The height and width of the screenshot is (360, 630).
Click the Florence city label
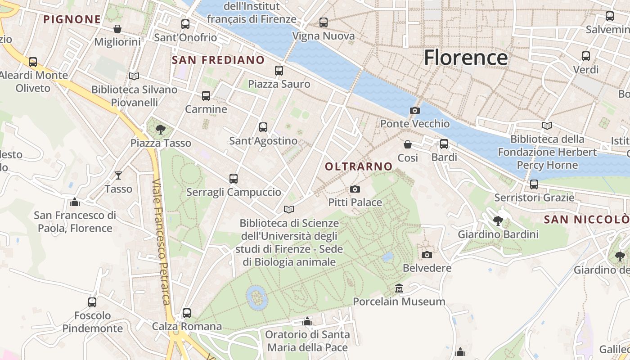(x=466, y=58)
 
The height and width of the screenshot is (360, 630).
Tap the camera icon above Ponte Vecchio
(x=414, y=110)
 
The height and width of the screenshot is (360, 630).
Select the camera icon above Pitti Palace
(x=355, y=189)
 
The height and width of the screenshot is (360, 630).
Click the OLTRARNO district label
(x=359, y=166)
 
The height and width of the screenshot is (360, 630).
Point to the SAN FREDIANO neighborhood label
(x=218, y=60)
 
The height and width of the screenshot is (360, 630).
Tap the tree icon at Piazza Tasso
(x=160, y=130)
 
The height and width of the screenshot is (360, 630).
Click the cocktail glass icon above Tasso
(x=118, y=175)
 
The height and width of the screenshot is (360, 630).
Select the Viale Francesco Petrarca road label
(x=162, y=242)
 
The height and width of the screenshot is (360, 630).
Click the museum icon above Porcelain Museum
(x=399, y=288)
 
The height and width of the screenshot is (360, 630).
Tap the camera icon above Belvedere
(x=427, y=255)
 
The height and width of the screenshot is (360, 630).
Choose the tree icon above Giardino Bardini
(x=498, y=221)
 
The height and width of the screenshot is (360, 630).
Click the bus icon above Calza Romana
(x=187, y=313)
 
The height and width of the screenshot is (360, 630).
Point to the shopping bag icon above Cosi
(x=408, y=144)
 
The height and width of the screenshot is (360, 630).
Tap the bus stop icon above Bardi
(x=444, y=144)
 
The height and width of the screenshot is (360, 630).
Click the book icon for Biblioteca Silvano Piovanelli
(x=134, y=76)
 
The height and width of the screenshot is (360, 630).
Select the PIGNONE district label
(x=72, y=19)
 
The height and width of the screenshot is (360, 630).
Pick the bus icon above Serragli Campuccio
(x=233, y=179)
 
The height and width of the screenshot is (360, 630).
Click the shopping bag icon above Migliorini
(x=117, y=29)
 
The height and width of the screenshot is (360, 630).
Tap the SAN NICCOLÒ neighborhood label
(x=586, y=220)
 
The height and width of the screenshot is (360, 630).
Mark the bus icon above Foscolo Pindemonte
(x=92, y=302)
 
